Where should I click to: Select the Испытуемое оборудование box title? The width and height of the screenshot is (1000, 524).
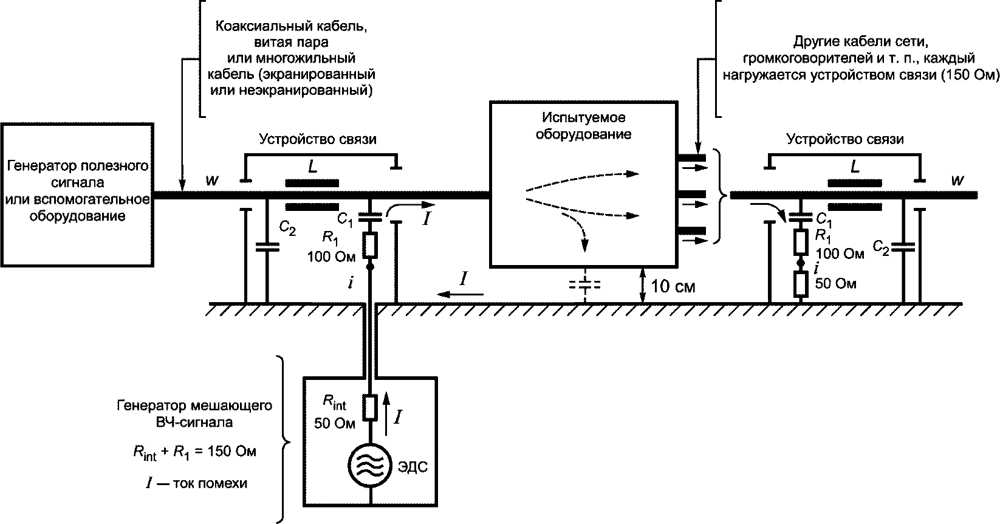pos(583,125)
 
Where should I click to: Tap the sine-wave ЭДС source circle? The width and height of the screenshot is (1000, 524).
pos(369,467)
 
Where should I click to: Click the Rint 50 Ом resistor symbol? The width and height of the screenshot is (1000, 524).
pos(369,407)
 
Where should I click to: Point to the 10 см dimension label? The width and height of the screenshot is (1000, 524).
pos(673,286)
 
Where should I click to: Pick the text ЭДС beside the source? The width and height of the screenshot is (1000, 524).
pos(413,467)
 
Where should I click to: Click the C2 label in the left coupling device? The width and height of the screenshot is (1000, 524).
pos(288,227)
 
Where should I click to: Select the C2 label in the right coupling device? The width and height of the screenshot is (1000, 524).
pos(882,246)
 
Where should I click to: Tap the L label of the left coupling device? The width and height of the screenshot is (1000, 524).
pos(312,167)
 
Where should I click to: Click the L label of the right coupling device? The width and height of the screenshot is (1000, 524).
pos(855,167)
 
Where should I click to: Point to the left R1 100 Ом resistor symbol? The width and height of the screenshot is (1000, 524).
pos(369,246)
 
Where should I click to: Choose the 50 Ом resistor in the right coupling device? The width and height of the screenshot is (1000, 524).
pos(801,283)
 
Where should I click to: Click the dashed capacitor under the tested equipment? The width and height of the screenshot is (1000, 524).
pos(584,284)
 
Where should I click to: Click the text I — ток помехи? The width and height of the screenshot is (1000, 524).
pos(196,484)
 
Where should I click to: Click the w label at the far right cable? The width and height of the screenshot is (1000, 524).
pos(957,181)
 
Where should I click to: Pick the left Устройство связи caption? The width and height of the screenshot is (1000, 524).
pos(318,139)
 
